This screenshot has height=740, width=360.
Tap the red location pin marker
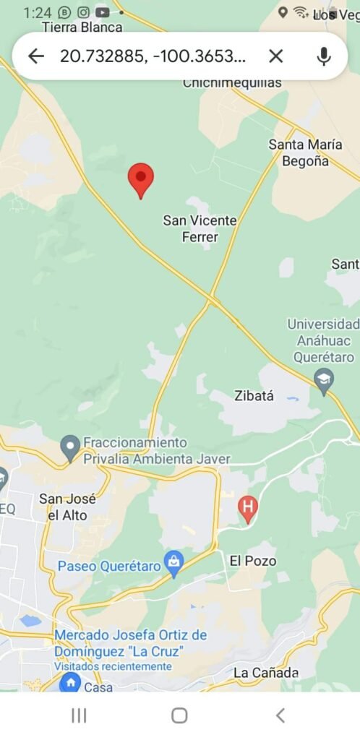[x=141, y=178]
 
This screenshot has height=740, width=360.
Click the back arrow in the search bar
[x=35, y=56]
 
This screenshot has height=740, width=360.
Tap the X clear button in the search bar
[x=276, y=56]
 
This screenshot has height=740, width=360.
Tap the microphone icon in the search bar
[x=323, y=56]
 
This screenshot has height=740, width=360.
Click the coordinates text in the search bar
[x=153, y=56]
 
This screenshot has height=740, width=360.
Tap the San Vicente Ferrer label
[x=200, y=228]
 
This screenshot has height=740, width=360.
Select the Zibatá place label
[x=254, y=395]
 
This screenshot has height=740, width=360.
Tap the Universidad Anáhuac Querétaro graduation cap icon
[x=324, y=380]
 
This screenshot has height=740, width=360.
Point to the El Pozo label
[x=253, y=561]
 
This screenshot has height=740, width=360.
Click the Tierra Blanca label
[x=82, y=27]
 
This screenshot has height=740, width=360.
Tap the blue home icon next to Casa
[x=70, y=683]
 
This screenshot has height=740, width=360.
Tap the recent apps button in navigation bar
[x=79, y=715]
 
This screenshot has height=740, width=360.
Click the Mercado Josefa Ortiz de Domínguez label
[x=130, y=642]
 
